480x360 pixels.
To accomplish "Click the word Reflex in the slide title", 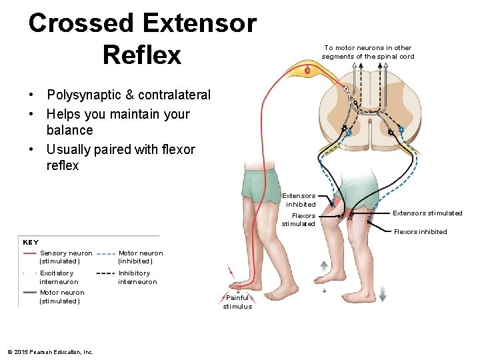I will (x=142, y=55).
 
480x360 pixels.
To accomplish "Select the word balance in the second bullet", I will (x=69, y=130).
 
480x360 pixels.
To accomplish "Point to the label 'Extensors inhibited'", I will (x=299, y=200).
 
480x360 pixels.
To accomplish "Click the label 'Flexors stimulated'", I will (x=299, y=220).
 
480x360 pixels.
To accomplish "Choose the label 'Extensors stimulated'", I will (x=427, y=213).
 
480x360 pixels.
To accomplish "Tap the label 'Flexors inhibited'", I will (x=420, y=232).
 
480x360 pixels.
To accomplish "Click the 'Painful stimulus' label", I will (x=237, y=302).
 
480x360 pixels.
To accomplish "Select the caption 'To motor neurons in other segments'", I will (x=367, y=52).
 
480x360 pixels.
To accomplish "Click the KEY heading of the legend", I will (x=31, y=243).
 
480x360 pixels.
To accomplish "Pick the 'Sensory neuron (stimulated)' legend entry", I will (x=66, y=257).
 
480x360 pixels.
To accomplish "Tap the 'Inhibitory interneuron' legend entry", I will (x=137, y=277).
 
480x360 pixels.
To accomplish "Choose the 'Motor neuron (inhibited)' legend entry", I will (x=140, y=257).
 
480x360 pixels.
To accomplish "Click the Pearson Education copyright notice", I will (x=50, y=352).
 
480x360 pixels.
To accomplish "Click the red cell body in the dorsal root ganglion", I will (x=307, y=69).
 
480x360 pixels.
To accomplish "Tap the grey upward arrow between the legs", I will (x=323, y=265).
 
